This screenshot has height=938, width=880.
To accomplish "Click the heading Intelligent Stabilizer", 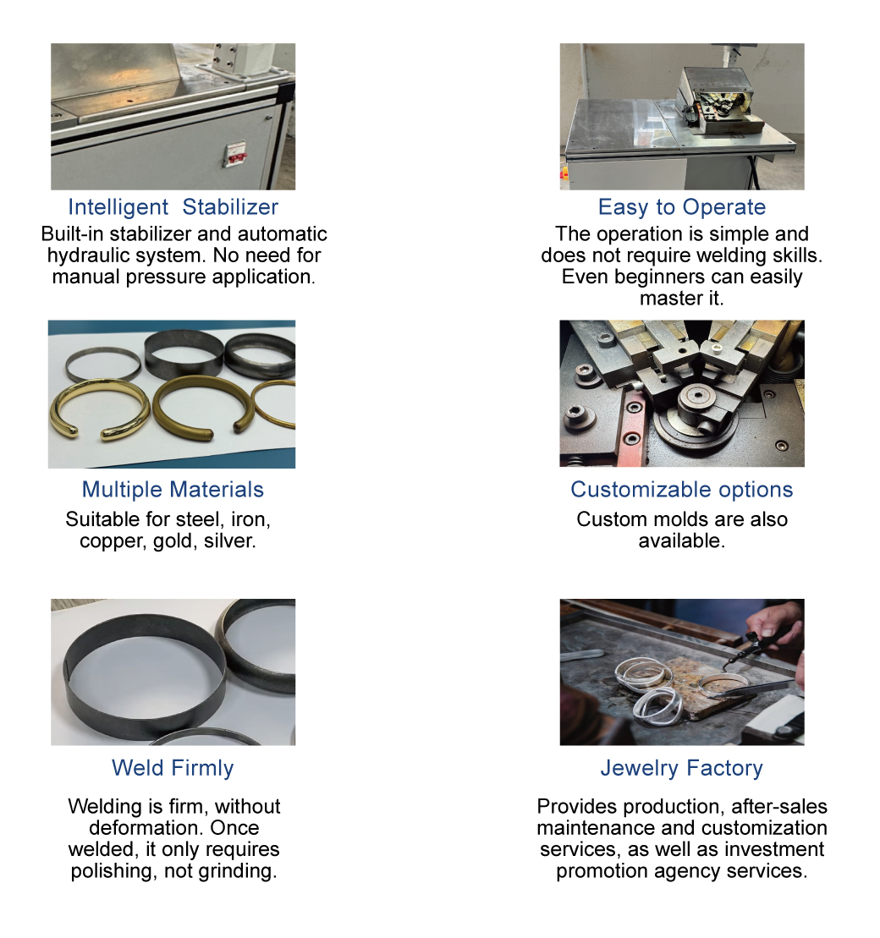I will click(x=173, y=207).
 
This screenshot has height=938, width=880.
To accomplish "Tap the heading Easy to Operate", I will click(x=681, y=207).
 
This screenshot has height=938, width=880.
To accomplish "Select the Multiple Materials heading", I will click(x=173, y=490).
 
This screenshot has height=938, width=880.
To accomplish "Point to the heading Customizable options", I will click(x=681, y=490).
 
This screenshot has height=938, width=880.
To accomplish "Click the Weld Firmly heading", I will click(x=173, y=768).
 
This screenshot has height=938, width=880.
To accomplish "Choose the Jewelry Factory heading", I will click(x=681, y=768).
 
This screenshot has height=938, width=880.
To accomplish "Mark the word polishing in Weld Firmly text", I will click(x=107, y=871).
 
